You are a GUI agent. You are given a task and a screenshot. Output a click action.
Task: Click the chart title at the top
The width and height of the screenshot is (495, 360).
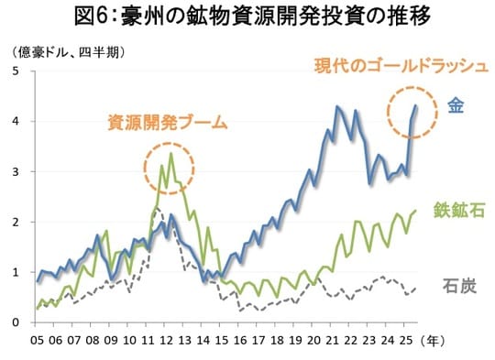click(x=247, y=16)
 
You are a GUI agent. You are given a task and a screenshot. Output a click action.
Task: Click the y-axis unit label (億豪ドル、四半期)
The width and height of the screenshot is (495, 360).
click(x=69, y=50)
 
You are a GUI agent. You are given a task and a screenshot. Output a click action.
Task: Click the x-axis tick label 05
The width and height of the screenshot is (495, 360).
click(x=38, y=341)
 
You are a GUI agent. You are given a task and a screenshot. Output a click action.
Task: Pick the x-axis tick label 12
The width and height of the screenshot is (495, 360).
click(x=170, y=341)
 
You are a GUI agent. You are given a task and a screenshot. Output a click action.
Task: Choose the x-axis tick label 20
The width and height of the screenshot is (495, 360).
click(x=322, y=341)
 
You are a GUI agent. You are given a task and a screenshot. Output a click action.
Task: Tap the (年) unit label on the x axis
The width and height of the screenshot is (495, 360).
click(x=448, y=341)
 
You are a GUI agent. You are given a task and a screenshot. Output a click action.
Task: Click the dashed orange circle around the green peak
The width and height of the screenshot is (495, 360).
click(x=169, y=166)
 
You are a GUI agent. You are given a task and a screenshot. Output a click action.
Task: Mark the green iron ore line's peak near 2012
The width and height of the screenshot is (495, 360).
click(x=162, y=166)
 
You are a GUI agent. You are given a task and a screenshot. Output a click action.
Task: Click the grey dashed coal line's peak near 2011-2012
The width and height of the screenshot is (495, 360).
click(x=157, y=209)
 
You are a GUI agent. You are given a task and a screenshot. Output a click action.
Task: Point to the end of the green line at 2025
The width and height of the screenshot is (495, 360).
click(x=415, y=211)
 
